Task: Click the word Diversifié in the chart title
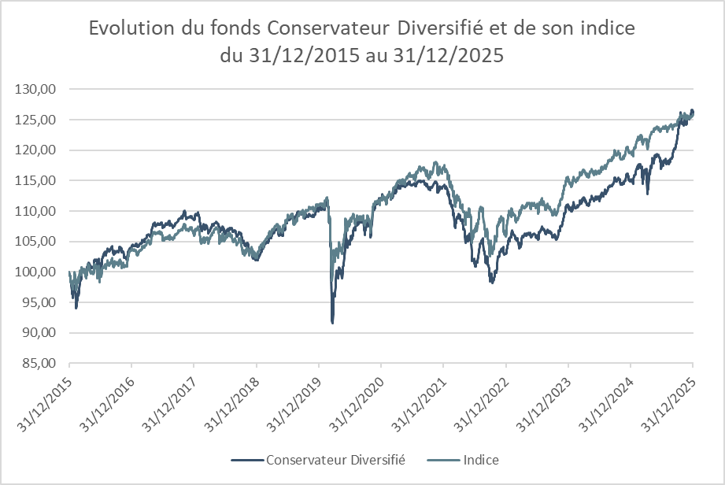pyautogui.click(x=441, y=29)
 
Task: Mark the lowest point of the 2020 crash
pyautogui.click(x=332, y=323)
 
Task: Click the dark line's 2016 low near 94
pyautogui.click(x=76, y=307)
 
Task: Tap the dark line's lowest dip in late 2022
pyautogui.click(x=492, y=282)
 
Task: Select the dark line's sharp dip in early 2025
pyautogui.click(x=647, y=194)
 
